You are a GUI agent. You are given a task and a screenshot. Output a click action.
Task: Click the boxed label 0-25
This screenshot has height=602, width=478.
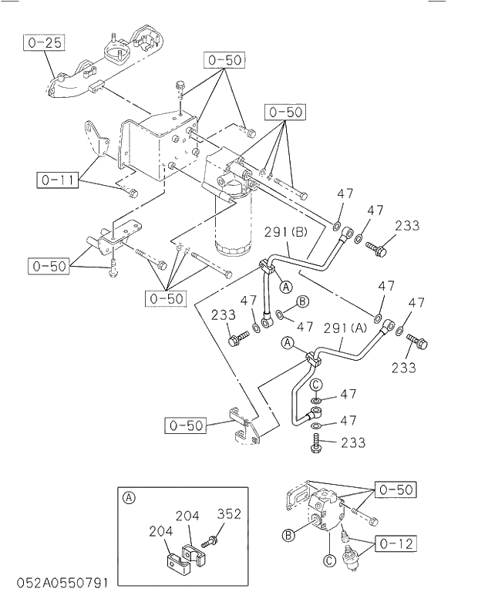pos(42,42)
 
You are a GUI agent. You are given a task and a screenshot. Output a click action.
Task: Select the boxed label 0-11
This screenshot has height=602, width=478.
pos(57,181)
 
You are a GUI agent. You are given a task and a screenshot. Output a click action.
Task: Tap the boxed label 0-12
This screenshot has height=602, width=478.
pos(396,544)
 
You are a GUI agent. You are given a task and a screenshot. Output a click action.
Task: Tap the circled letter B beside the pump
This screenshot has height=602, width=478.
pos(289,535)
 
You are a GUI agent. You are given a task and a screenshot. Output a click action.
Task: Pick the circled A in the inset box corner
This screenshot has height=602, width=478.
pos(129,498)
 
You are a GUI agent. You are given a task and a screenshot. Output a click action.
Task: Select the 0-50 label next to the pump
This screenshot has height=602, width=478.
pos(396,489)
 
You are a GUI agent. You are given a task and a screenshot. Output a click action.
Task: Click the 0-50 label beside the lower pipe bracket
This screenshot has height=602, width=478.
pos(185,425)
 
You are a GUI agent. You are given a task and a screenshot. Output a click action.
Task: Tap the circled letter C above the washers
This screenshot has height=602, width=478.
pos(316,384)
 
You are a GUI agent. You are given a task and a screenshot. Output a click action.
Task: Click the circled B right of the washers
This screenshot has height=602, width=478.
pos(303,301)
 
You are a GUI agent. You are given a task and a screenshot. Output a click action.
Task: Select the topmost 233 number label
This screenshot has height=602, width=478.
pos(407,226)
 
